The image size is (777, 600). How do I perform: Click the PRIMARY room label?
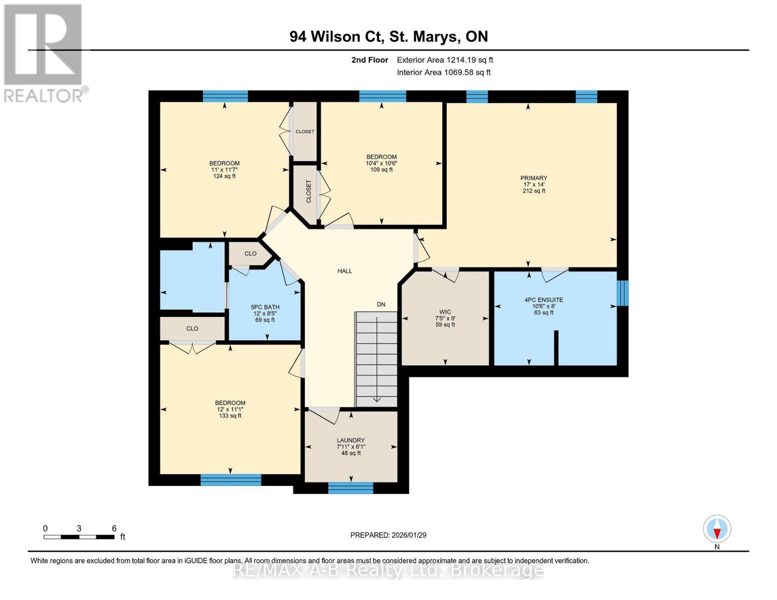tap(533, 178)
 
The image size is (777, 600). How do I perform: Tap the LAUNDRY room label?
tap(350, 440)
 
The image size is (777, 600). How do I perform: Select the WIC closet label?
tap(445, 312)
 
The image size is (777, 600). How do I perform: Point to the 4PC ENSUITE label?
tap(543, 300)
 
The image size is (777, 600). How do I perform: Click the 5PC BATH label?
tap(265, 307)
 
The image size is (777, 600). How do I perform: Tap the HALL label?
tap(345, 271)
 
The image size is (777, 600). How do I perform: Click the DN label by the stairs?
tap(381, 304)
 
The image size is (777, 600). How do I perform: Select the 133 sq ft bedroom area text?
tap(230, 415)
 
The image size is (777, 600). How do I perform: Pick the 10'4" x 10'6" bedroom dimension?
tap(381, 163)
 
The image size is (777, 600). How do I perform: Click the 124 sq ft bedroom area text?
tap(224, 176)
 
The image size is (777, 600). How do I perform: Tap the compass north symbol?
tap(717, 529)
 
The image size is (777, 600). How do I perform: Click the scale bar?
tap(79, 537)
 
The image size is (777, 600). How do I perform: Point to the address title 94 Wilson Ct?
tap(388, 36)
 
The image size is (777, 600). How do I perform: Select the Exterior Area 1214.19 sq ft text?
tap(445, 60)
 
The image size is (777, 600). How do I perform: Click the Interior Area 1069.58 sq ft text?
tap(443, 72)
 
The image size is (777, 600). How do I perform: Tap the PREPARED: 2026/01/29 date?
tap(388, 535)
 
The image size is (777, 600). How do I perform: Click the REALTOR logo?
tap(44, 52)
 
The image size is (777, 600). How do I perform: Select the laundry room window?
tap(350, 488)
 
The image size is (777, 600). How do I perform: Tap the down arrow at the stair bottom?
tap(376, 398)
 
